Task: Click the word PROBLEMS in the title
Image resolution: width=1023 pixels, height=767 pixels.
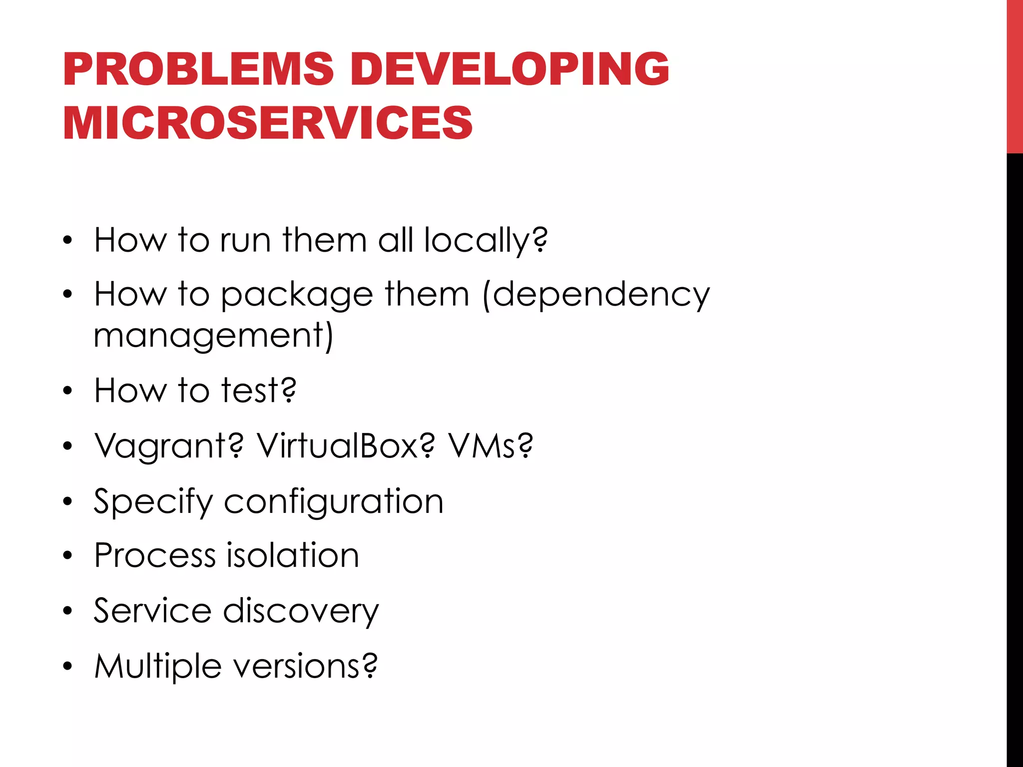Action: [x=198, y=69]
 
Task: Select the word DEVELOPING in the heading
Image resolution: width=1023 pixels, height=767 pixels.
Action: [x=510, y=69]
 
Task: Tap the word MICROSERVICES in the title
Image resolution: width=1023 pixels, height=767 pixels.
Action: [x=267, y=123]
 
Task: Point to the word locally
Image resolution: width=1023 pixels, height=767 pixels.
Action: [x=486, y=241]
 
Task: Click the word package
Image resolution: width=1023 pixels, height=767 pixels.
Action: [x=297, y=296]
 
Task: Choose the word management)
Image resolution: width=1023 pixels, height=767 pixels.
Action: [x=213, y=336]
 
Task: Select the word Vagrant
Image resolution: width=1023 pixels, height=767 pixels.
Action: [x=169, y=446]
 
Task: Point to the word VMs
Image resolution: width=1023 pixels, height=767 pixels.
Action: [x=490, y=446]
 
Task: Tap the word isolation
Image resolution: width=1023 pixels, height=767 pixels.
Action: [x=293, y=555]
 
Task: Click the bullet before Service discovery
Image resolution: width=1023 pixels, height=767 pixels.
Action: [x=68, y=611]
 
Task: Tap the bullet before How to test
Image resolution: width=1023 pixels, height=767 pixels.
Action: [x=68, y=391]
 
